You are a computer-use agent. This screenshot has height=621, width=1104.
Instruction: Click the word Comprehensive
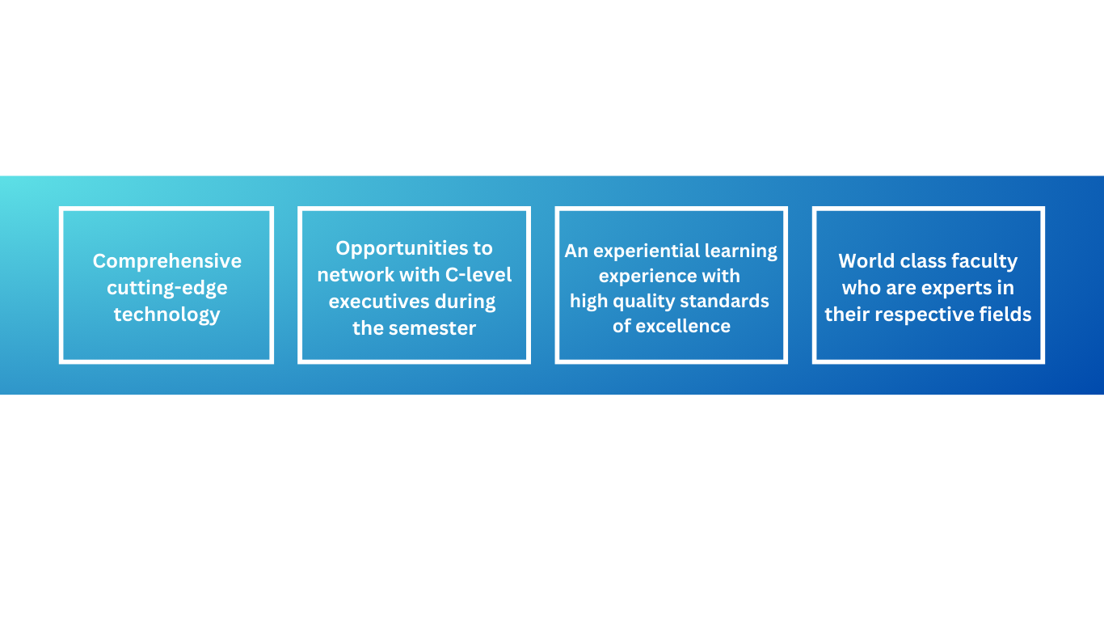click(167, 262)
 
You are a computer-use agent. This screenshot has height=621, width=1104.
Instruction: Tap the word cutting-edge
click(167, 288)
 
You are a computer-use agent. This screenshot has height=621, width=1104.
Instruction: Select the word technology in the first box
click(167, 315)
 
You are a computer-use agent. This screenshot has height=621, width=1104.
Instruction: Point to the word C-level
click(478, 275)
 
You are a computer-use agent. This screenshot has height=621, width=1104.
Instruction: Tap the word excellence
click(683, 326)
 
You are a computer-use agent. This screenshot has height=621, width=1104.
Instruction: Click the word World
click(866, 261)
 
